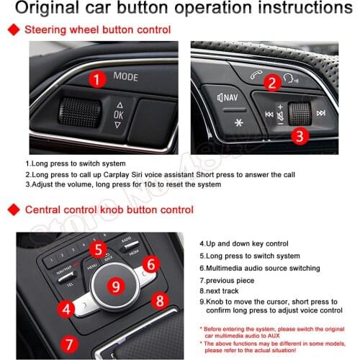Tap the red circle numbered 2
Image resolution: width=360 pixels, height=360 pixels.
point(271,82)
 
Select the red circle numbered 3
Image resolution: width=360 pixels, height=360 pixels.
point(282,133)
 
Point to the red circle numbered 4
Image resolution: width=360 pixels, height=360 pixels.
point(66,310)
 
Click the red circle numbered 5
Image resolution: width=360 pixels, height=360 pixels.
point(99,249)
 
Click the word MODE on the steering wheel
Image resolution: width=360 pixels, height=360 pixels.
point(125,76)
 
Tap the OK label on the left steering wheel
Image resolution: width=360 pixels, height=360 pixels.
point(120,114)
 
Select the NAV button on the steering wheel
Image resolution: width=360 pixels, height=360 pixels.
point(228,96)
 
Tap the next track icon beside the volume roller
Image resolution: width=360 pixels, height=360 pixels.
point(320,113)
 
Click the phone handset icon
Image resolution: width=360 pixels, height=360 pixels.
point(256,74)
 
